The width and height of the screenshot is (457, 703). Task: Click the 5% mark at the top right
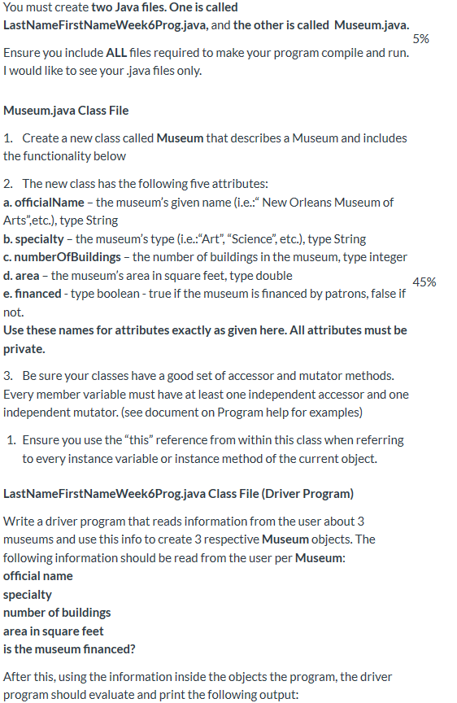pyautogui.click(x=420, y=39)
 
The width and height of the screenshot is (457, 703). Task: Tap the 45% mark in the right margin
pyautogui.click(x=424, y=282)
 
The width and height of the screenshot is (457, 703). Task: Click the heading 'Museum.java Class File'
pyautogui.click(x=66, y=110)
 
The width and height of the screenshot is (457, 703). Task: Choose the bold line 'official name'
pyautogui.click(x=38, y=576)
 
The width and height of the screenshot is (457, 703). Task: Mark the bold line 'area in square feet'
pyautogui.click(x=54, y=631)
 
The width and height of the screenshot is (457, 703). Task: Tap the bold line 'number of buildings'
pyautogui.click(x=57, y=613)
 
